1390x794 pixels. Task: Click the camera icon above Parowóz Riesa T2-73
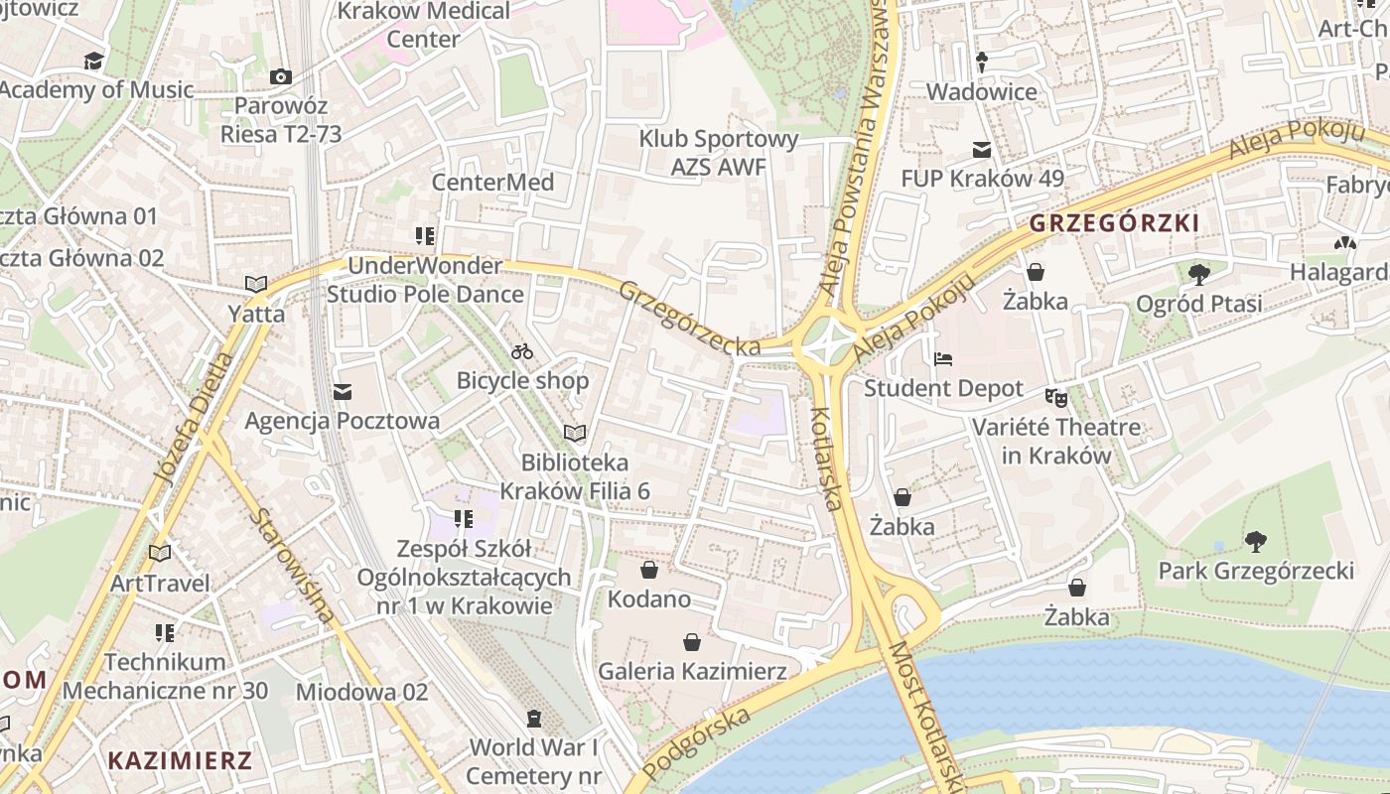(x=281, y=76)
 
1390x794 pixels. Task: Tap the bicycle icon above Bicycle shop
(x=522, y=351)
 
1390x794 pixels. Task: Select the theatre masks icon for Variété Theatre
(x=1055, y=398)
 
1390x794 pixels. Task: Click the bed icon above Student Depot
(x=943, y=358)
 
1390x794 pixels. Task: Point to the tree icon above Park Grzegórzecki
(x=1256, y=541)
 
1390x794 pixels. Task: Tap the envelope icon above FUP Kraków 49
(x=982, y=150)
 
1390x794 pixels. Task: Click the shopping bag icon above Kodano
(x=649, y=570)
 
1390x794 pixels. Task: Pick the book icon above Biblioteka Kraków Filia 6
(x=575, y=433)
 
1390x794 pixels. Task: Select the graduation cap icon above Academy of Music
(x=94, y=62)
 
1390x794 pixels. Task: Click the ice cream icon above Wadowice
(x=982, y=63)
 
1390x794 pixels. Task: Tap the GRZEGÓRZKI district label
(x=1114, y=223)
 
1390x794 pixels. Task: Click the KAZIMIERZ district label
(x=180, y=761)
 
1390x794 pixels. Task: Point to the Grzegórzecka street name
(x=690, y=318)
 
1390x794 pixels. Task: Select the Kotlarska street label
(x=827, y=459)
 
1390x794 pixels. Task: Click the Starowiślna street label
(x=293, y=566)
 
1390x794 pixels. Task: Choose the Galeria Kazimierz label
(x=692, y=672)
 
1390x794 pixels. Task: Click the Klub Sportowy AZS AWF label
(x=719, y=153)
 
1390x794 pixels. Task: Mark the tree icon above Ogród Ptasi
(x=1199, y=273)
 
